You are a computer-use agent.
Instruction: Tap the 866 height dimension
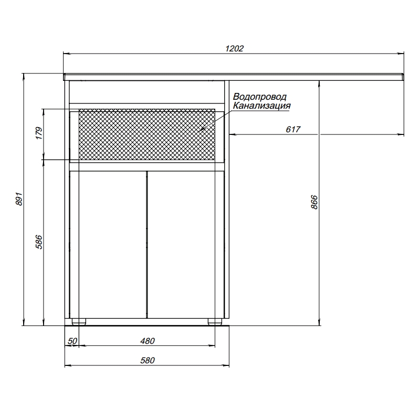click(x=314, y=202)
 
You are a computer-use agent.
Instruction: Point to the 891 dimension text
click(x=19, y=200)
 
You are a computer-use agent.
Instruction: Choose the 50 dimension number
click(x=72, y=341)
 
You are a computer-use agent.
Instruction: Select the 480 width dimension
click(x=148, y=341)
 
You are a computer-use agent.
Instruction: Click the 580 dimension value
click(x=148, y=361)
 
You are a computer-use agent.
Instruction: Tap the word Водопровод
click(x=260, y=97)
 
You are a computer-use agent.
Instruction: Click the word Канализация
click(x=262, y=106)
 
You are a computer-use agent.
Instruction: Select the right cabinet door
click(x=181, y=244)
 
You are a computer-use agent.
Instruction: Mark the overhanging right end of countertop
click(x=367, y=77)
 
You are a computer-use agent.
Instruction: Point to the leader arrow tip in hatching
click(x=201, y=130)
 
